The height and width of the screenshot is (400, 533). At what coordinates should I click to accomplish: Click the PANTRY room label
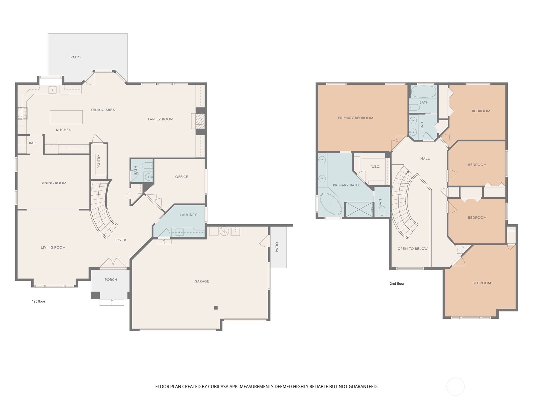click(99, 161)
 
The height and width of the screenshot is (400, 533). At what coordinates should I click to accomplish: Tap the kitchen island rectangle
click(66, 117)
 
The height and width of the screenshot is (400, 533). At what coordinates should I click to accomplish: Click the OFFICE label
click(182, 177)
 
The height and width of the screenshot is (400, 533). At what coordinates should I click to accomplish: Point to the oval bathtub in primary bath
click(331, 204)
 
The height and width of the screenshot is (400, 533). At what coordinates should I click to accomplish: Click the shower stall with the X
click(359, 209)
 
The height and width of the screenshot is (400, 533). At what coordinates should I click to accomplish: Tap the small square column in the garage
click(216, 308)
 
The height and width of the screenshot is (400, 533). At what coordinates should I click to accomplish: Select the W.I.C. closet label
click(375, 167)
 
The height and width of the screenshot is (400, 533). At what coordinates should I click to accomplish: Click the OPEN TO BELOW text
click(412, 249)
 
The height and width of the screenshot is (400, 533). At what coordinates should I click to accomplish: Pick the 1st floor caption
click(39, 301)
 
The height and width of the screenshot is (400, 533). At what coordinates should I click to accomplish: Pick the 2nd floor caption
click(397, 284)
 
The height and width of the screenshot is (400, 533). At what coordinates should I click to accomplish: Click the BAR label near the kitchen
click(32, 143)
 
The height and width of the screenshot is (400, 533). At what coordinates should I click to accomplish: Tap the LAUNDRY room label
click(188, 215)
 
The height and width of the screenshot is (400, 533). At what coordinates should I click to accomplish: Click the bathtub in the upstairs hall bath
click(423, 91)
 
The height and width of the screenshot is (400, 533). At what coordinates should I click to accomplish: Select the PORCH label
click(111, 280)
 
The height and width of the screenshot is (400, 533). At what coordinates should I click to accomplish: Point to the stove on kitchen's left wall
click(22, 113)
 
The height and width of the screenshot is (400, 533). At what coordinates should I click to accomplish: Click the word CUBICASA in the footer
click(219, 387)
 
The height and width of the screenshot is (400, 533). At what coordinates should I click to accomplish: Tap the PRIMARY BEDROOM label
click(355, 118)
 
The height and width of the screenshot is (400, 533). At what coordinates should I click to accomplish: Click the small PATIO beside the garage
click(278, 247)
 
